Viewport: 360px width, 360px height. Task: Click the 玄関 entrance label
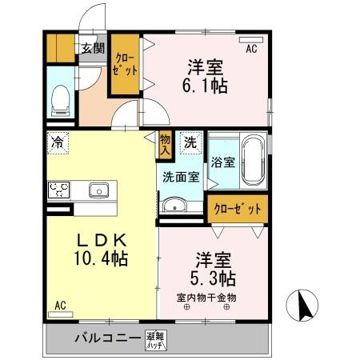(92, 48)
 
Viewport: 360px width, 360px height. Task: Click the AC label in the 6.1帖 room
(251, 50)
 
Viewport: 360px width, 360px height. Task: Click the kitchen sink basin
(98, 190)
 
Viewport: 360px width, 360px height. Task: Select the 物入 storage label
(166, 143)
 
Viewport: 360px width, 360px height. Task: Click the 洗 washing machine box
(190, 143)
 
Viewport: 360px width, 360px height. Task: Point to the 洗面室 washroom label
(182, 177)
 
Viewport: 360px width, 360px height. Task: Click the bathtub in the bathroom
(254, 160)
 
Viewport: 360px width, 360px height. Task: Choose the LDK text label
(90, 239)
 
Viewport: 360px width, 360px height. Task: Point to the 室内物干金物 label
(206, 297)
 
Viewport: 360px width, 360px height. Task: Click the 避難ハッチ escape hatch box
(156, 341)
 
